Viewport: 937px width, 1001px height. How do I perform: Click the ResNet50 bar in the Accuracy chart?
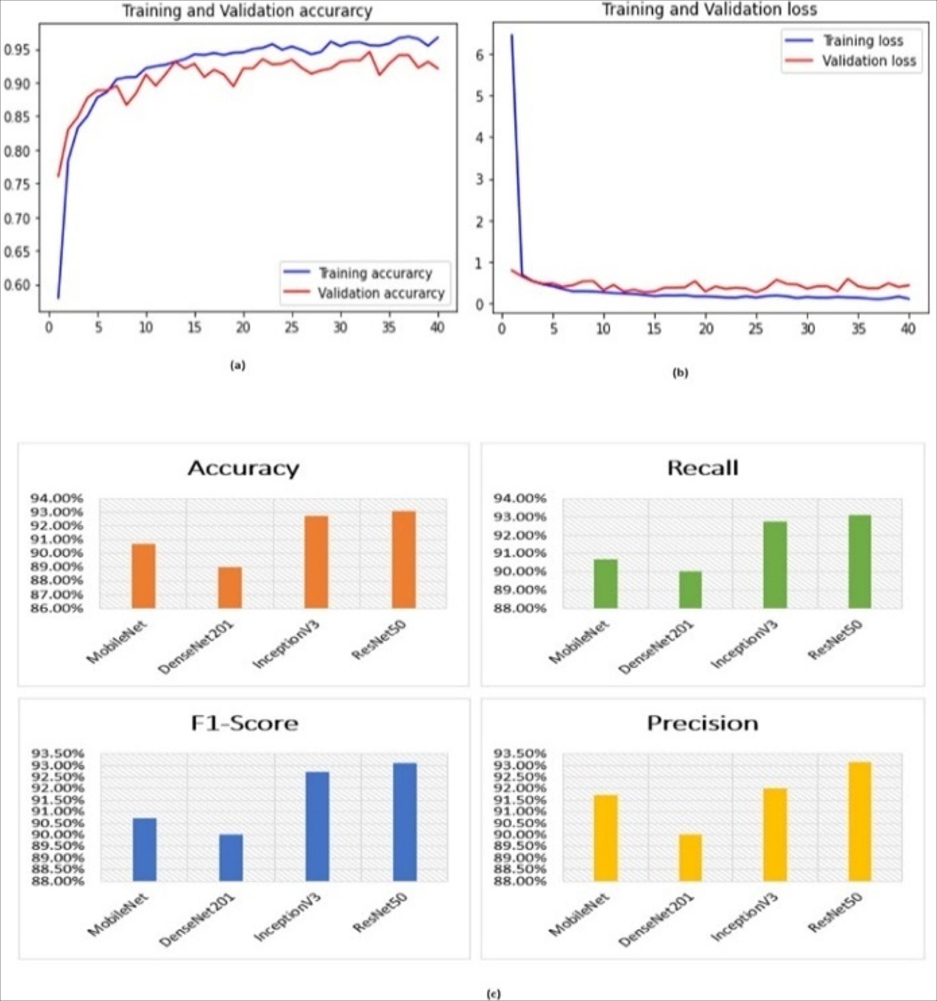(x=404, y=559)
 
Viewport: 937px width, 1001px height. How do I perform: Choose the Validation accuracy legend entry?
(x=381, y=293)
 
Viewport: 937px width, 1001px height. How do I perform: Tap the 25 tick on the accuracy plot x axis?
(x=291, y=328)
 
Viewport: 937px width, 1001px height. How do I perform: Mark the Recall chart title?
(x=702, y=468)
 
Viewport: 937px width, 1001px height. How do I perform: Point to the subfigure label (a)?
(x=237, y=366)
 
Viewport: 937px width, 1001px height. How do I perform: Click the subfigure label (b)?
(x=680, y=373)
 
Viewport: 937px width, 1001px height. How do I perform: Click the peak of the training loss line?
(x=512, y=35)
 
